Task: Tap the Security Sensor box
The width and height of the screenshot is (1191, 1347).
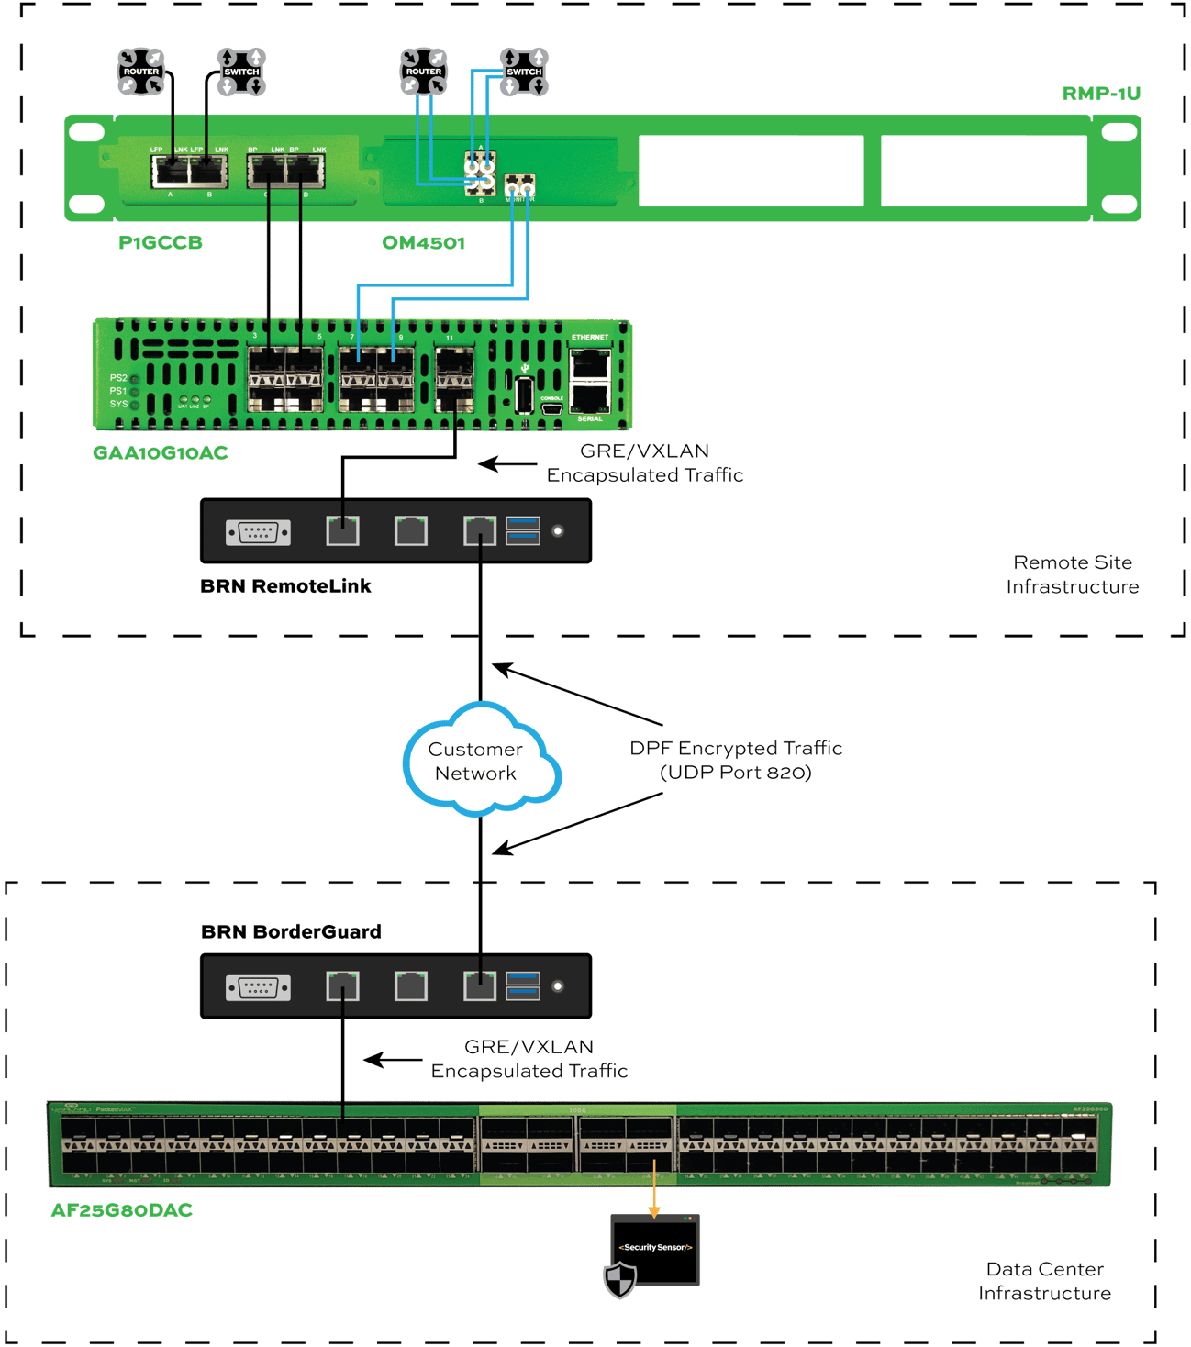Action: [x=655, y=1249]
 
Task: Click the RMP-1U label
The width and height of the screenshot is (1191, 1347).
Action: [x=1100, y=94]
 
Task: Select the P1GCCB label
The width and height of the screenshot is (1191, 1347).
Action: [x=160, y=242]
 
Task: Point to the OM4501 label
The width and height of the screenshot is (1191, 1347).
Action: [x=423, y=242]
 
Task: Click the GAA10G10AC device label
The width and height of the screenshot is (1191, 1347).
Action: [x=160, y=452]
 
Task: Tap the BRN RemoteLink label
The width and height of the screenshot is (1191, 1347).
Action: [x=285, y=586]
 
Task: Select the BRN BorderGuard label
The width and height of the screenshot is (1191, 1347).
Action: [x=291, y=931]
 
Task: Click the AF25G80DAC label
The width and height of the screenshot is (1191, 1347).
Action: [x=121, y=1210]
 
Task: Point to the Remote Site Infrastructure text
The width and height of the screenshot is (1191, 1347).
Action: [x=1072, y=574]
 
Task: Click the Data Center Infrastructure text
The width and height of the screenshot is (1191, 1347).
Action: [x=1044, y=1281]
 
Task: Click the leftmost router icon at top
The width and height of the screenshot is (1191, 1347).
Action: [x=141, y=72]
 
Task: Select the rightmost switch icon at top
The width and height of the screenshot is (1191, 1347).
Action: [x=524, y=72]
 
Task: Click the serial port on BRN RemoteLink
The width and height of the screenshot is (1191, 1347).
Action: [x=259, y=531]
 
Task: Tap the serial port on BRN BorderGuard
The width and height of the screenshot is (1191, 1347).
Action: [x=259, y=987]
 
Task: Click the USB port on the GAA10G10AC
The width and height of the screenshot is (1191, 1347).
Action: [x=524, y=395]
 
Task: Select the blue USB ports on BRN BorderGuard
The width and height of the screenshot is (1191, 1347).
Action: [x=522, y=985]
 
